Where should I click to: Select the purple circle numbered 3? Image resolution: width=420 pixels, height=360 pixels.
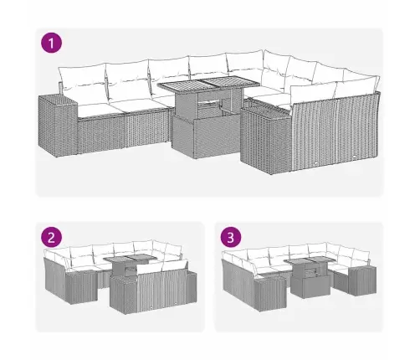click(228, 236)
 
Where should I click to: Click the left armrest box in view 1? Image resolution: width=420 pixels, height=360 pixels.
click(56, 121)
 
